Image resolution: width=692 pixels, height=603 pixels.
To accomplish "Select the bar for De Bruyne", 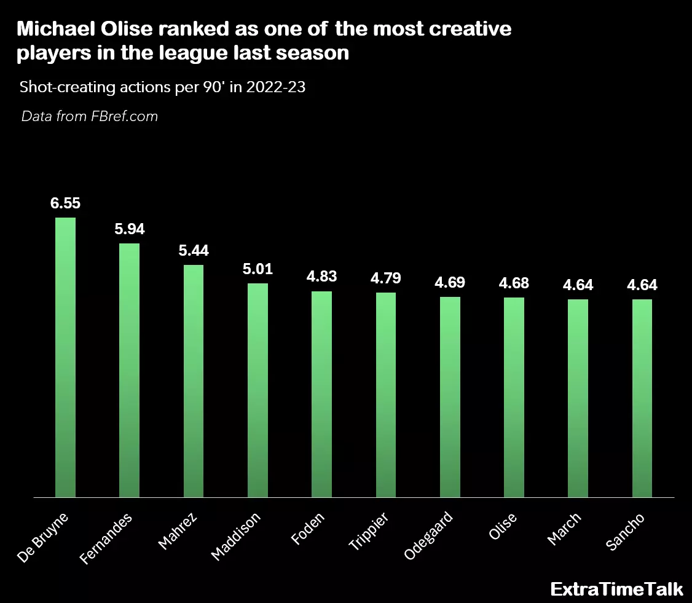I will click(65, 357).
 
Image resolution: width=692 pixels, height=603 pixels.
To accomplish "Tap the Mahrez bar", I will click(194, 380).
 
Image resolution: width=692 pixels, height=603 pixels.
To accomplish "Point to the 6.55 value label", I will click(65, 204).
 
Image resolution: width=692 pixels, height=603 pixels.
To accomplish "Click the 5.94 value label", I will click(130, 229).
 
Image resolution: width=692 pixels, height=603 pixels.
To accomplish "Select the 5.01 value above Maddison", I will click(258, 269).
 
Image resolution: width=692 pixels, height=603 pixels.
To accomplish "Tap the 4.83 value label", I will click(321, 277).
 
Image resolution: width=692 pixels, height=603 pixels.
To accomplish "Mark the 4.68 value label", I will click(514, 283).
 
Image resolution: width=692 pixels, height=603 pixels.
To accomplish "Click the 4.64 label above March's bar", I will click(578, 285).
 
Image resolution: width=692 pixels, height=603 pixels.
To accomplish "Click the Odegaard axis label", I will click(429, 535).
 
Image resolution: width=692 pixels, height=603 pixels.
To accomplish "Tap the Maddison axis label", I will click(236, 535).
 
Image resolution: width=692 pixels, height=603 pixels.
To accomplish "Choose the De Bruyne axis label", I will click(42, 536).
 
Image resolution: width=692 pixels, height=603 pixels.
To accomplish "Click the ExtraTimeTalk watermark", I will click(616, 589).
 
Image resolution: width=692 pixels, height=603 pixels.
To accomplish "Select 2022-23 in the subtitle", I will click(276, 87).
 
